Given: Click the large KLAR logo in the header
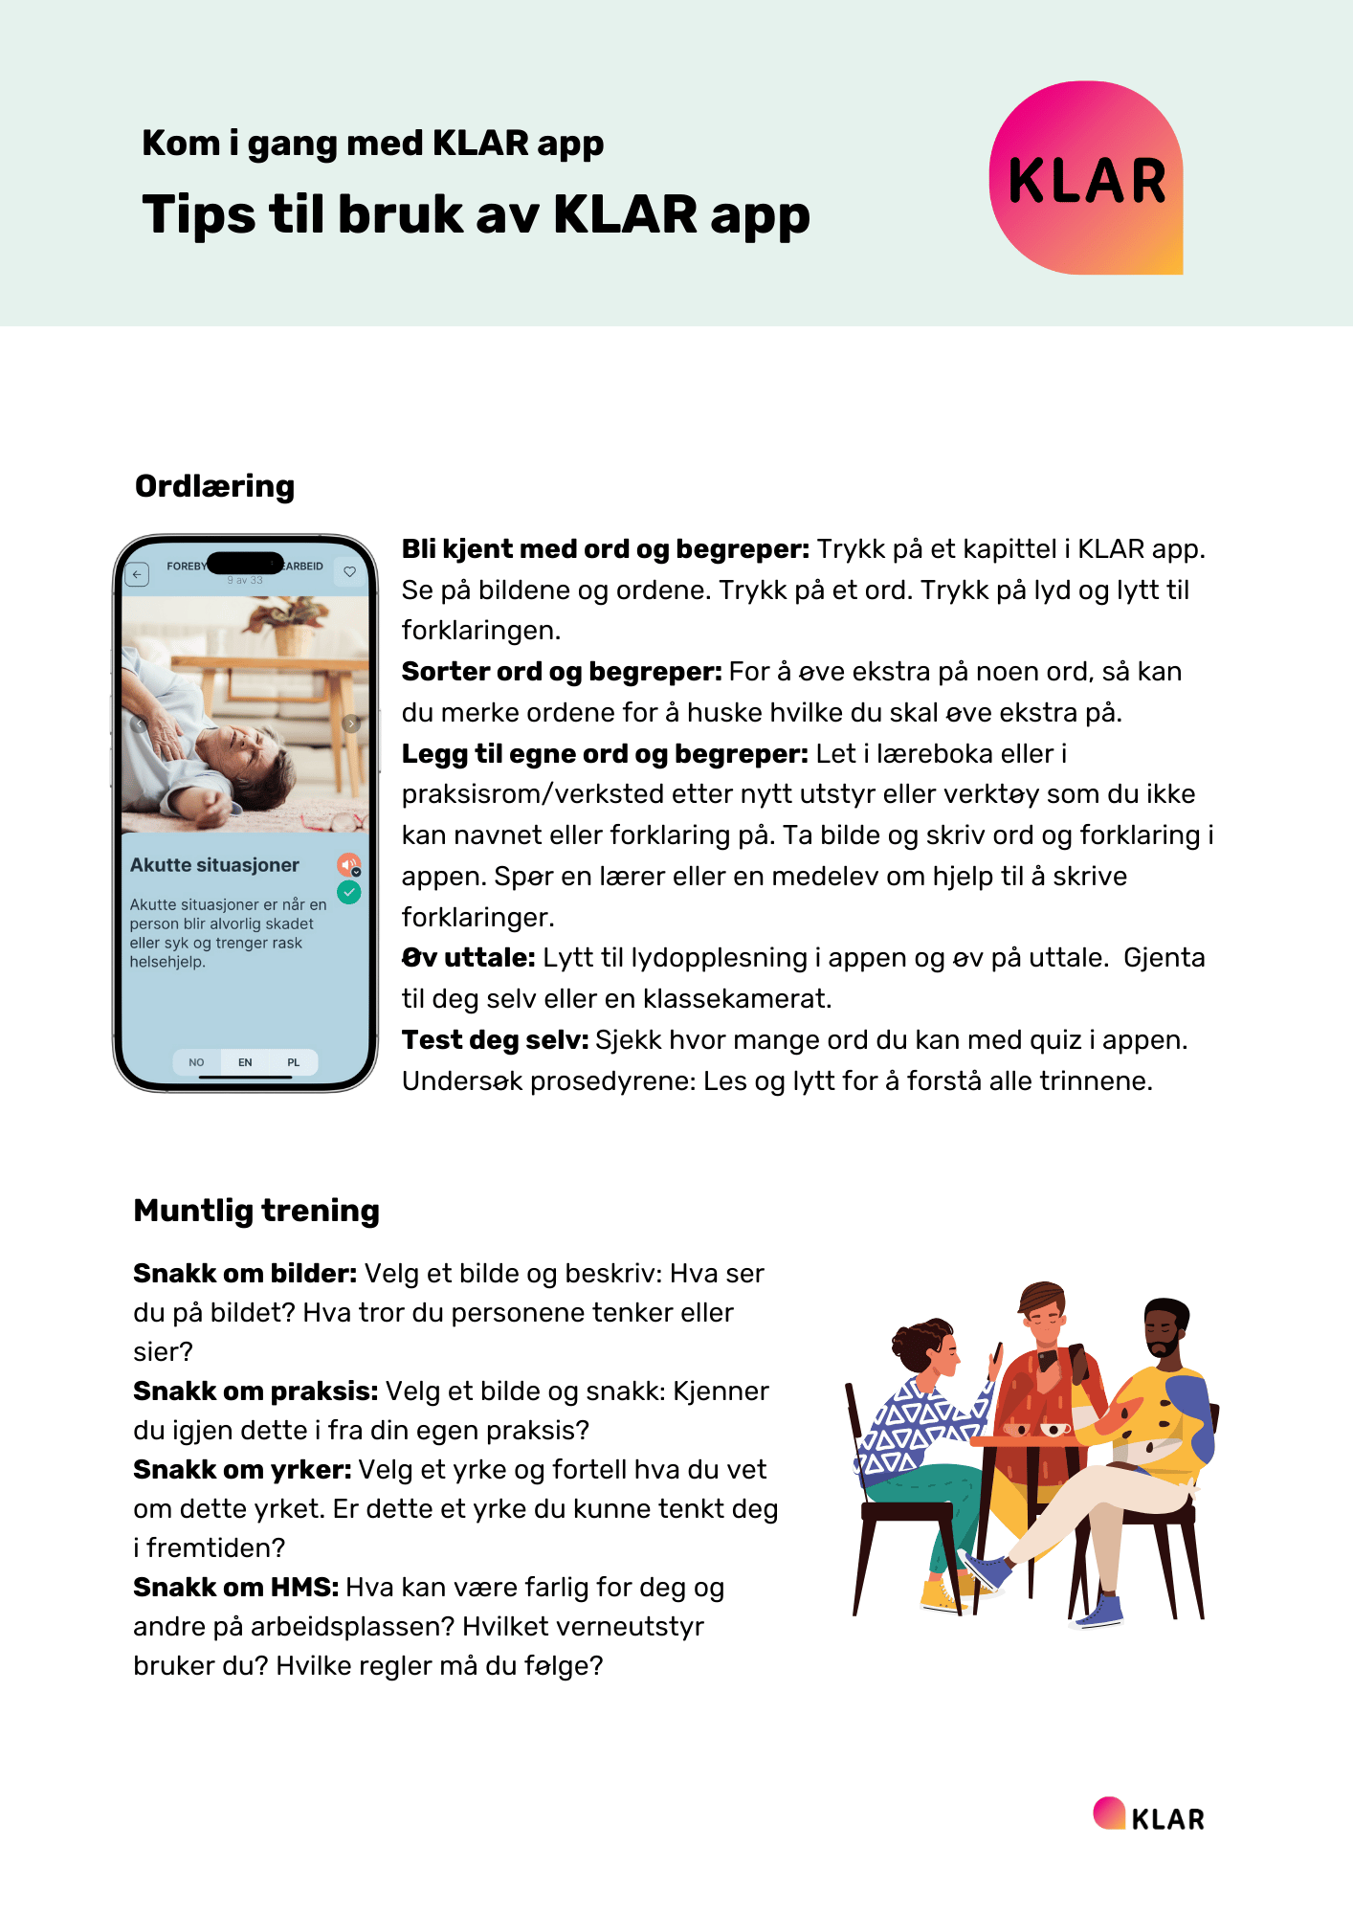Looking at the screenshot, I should [x=1086, y=178].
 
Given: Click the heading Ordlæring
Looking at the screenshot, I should [x=214, y=486].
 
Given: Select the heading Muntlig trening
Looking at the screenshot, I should [x=256, y=1211].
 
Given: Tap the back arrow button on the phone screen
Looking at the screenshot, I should [x=138, y=574].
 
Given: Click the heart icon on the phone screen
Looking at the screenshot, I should [x=350, y=571].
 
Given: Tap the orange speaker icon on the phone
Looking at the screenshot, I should [x=348, y=864].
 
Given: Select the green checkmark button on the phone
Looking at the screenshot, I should [x=349, y=893].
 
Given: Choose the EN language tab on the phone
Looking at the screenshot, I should [x=245, y=1062].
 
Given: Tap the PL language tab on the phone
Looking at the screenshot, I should [x=294, y=1062].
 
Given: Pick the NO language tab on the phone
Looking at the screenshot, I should [x=196, y=1062].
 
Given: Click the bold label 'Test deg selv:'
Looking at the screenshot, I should [x=495, y=1040].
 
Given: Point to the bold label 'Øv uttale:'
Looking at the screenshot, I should [x=468, y=958].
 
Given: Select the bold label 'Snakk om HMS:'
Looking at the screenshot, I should [x=235, y=1588].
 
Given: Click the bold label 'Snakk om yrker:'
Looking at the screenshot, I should [x=242, y=1470].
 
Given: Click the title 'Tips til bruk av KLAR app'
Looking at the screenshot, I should [x=476, y=214].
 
